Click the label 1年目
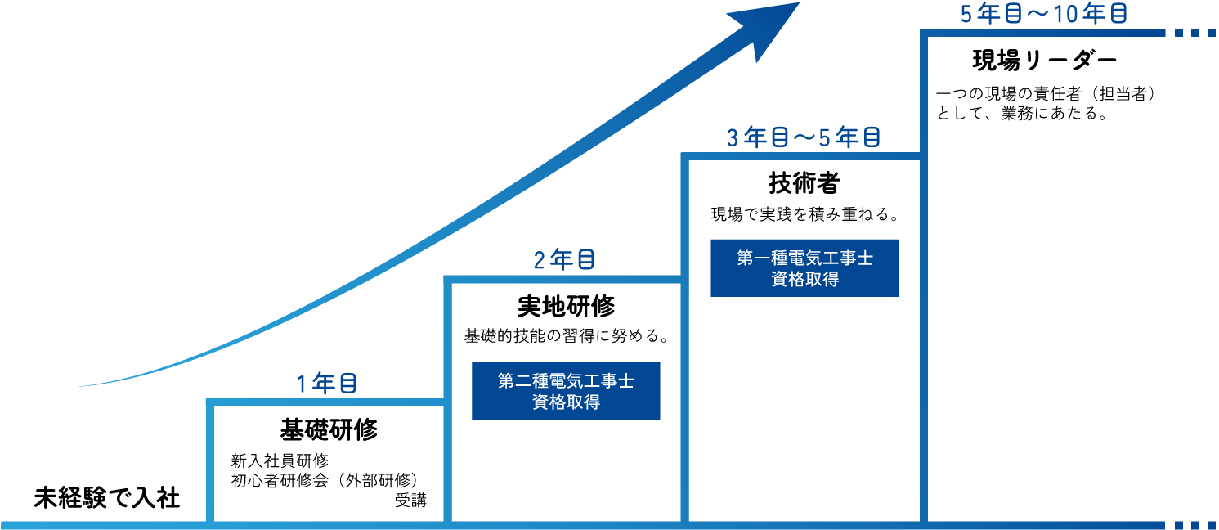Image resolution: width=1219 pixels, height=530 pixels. (326, 384)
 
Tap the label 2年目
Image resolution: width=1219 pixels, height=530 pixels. (564, 261)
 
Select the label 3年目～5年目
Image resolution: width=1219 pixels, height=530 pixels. (804, 137)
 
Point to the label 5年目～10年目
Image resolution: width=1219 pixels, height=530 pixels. (1044, 15)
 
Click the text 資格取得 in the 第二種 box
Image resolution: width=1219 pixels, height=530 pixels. (566, 402)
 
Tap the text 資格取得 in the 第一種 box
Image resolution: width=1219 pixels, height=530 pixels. (804, 279)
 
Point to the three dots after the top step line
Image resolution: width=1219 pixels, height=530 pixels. (1194, 34)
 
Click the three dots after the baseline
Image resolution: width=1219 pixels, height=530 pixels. (1194, 525)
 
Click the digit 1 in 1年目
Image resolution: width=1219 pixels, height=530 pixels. (302, 384)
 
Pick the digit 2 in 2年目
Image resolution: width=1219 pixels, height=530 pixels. (540, 261)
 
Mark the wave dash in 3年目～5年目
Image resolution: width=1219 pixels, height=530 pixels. (804, 138)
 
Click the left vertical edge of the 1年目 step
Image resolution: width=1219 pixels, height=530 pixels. (210, 462)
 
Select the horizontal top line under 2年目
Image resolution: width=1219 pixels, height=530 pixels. (564, 280)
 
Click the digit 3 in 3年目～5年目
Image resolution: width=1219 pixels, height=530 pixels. (733, 137)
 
